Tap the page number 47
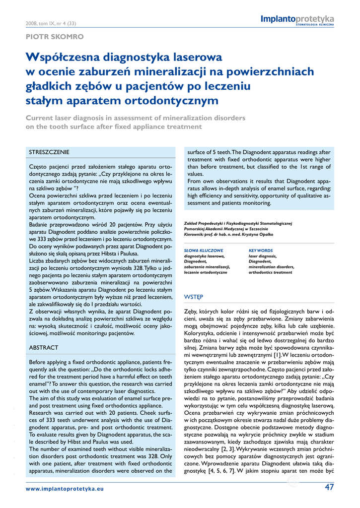coord(329,487)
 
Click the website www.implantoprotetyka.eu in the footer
coord(65,489)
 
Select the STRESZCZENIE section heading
coord(49,152)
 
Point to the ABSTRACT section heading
coord(44,348)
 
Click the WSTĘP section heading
coord(193,297)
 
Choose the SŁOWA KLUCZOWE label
coord(204,251)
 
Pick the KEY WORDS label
coord(261,251)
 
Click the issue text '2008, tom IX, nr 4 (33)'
coord(50,23)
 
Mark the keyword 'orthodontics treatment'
coord(270,272)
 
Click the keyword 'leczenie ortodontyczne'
coord(206,272)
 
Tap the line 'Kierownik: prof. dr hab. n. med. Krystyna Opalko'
coord(228,234)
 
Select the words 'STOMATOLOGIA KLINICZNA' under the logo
coord(315,24)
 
